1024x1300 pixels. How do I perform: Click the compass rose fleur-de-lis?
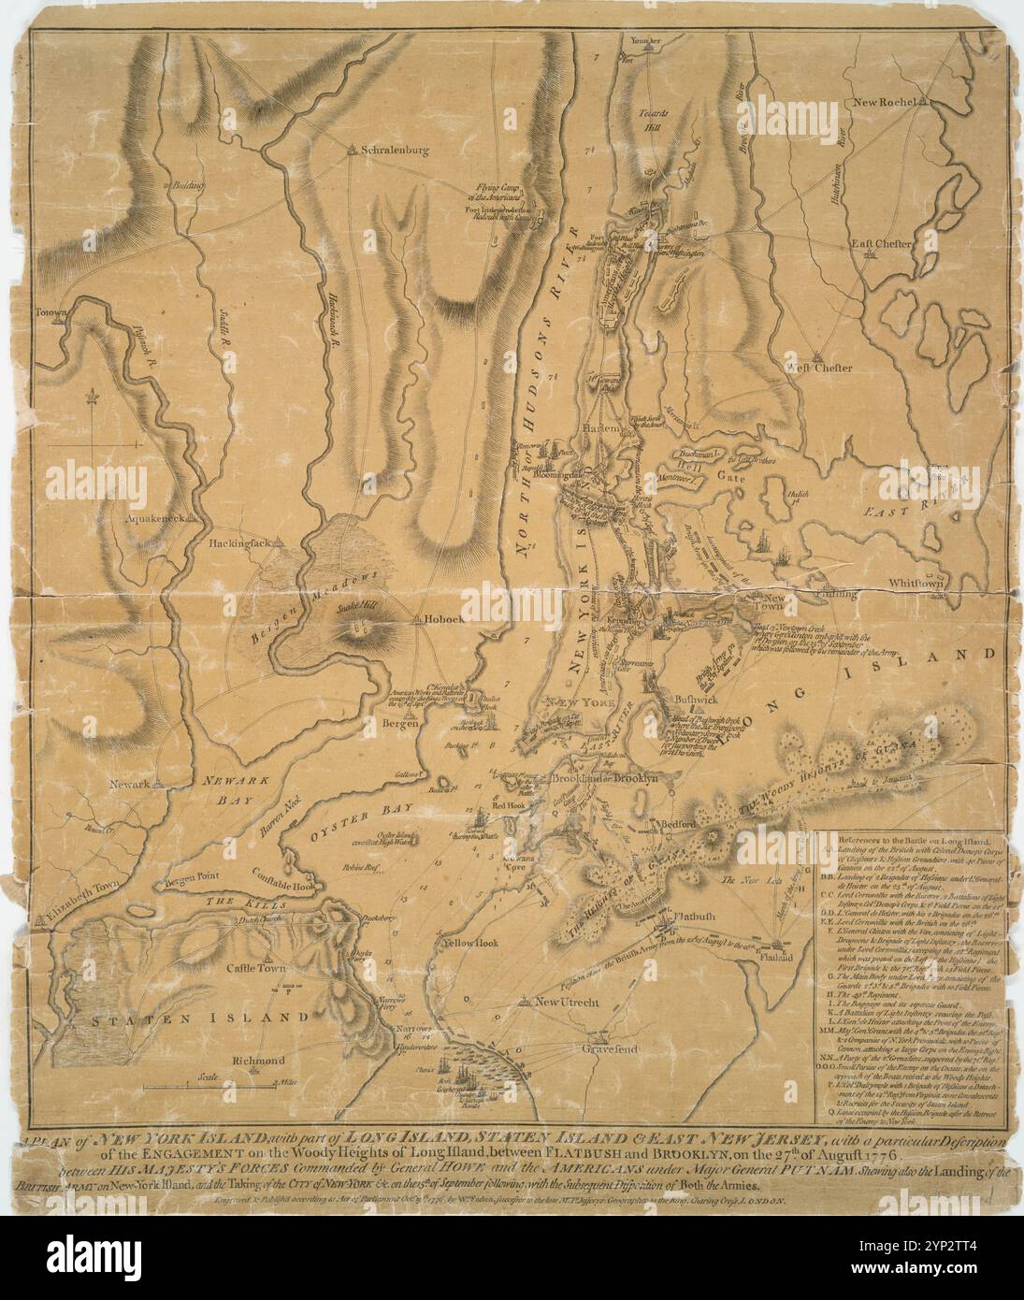[92, 397]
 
